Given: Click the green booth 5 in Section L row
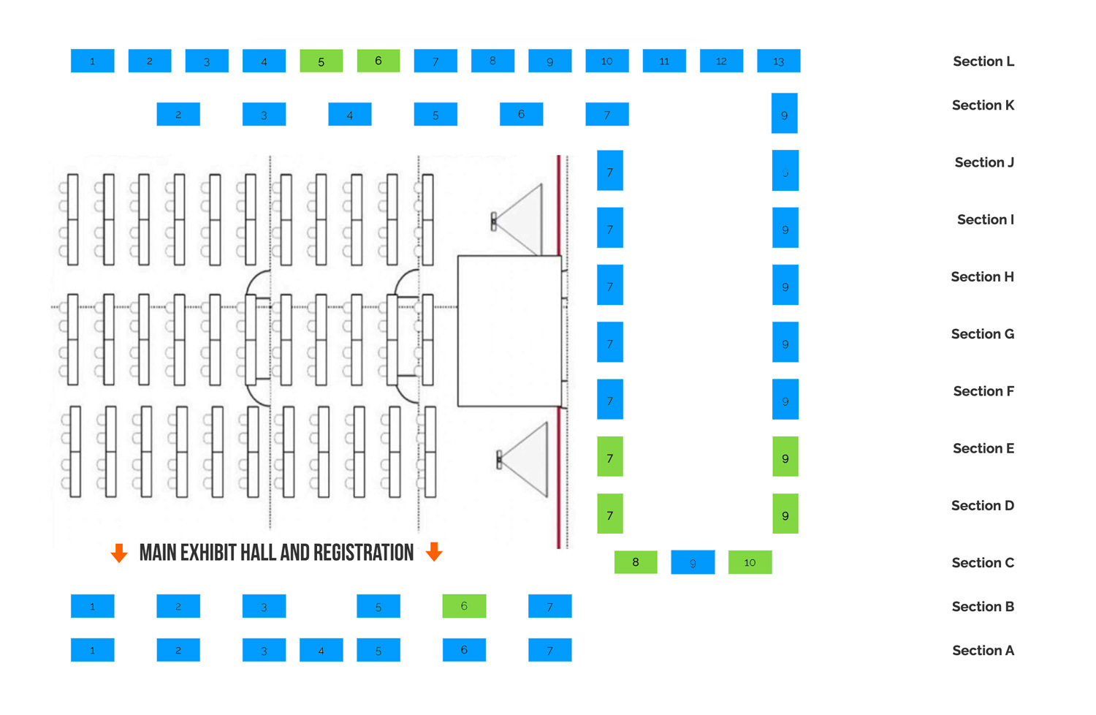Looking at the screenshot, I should [x=321, y=61].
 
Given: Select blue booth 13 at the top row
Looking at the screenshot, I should [x=778, y=61].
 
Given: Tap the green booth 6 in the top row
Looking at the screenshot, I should [x=378, y=61].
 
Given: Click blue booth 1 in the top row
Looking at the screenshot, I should [x=92, y=61].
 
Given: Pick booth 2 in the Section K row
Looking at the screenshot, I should [x=178, y=114].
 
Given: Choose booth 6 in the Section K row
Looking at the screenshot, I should [x=521, y=114].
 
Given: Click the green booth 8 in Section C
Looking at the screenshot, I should [x=635, y=562].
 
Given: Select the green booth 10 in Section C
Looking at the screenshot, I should [x=750, y=562].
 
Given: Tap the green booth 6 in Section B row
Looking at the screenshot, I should [x=464, y=606].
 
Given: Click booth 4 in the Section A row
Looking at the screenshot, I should [x=321, y=650].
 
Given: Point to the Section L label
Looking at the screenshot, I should [x=983, y=61].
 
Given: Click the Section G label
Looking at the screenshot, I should [x=982, y=334].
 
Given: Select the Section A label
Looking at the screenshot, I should [x=983, y=651].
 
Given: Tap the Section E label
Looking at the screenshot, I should [x=983, y=449].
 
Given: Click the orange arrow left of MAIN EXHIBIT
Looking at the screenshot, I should [x=119, y=553].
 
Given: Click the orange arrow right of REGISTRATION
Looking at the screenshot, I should [x=434, y=552].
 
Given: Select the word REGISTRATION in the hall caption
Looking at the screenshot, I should [x=363, y=553].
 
